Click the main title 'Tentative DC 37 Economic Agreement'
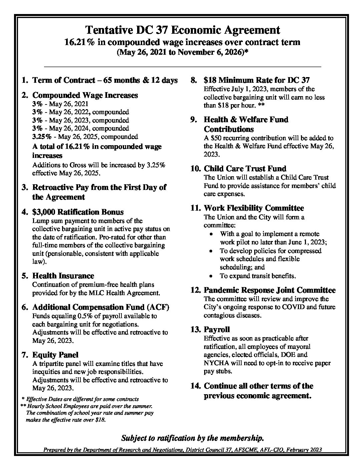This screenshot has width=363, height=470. (183, 30)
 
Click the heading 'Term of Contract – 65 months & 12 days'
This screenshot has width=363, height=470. (105, 80)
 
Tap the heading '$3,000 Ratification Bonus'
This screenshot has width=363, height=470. (78, 212)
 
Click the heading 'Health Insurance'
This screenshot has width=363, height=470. (63, 276)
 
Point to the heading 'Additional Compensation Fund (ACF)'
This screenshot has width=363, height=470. (101, 307)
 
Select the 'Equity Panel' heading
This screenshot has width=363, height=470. (55, 355)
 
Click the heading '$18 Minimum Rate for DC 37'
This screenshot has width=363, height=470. (257, 80)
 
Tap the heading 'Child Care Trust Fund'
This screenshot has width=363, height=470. (245, 169)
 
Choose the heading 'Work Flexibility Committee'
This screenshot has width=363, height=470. (254, 208)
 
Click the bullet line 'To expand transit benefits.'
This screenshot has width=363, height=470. (258, 276)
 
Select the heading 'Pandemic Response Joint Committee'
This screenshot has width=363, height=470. (270, 290)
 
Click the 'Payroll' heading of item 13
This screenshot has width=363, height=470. (217, 329)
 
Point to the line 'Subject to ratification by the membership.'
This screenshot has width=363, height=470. (193, 438)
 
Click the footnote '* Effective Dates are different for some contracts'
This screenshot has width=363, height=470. (80, 399)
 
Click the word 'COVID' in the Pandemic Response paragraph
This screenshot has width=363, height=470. (278, 307)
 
